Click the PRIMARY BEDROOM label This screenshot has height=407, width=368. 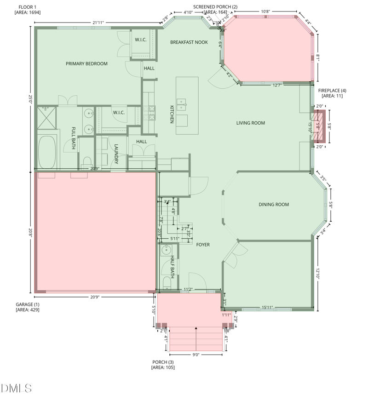click(86, 64)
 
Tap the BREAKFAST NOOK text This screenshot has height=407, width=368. click(189, 42)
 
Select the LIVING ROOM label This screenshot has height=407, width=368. click(251, 123)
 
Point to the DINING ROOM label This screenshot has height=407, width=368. click(274, 205)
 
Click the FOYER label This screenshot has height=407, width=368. click(203, 245)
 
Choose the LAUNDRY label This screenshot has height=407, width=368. click(116, 154)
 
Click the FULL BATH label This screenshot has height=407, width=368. click(73, 138)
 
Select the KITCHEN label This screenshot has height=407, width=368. click(172, 114)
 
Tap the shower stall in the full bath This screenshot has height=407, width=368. click(46, 117)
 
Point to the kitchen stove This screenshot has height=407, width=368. click(150, 110)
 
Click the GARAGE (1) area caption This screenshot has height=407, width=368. click(28, 307)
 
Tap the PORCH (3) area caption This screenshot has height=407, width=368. click(163, 365)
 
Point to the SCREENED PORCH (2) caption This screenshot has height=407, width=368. click(215, 9)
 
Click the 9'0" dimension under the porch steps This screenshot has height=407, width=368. click(196, 355)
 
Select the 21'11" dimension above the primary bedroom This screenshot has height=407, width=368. click(97, 22)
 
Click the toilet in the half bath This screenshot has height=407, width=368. click(166, 282)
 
